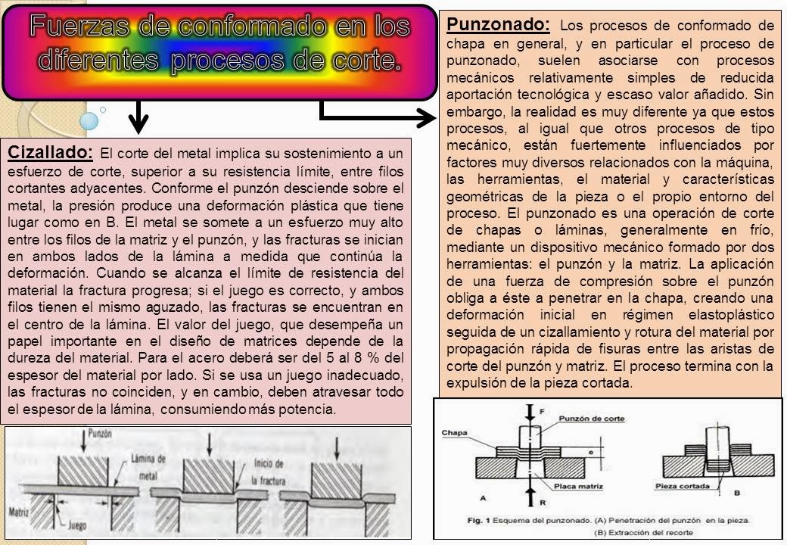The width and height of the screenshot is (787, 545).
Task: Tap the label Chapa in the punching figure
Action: (x=454, y=433)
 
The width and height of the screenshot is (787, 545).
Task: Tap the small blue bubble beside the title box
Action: (x=89, y=120)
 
